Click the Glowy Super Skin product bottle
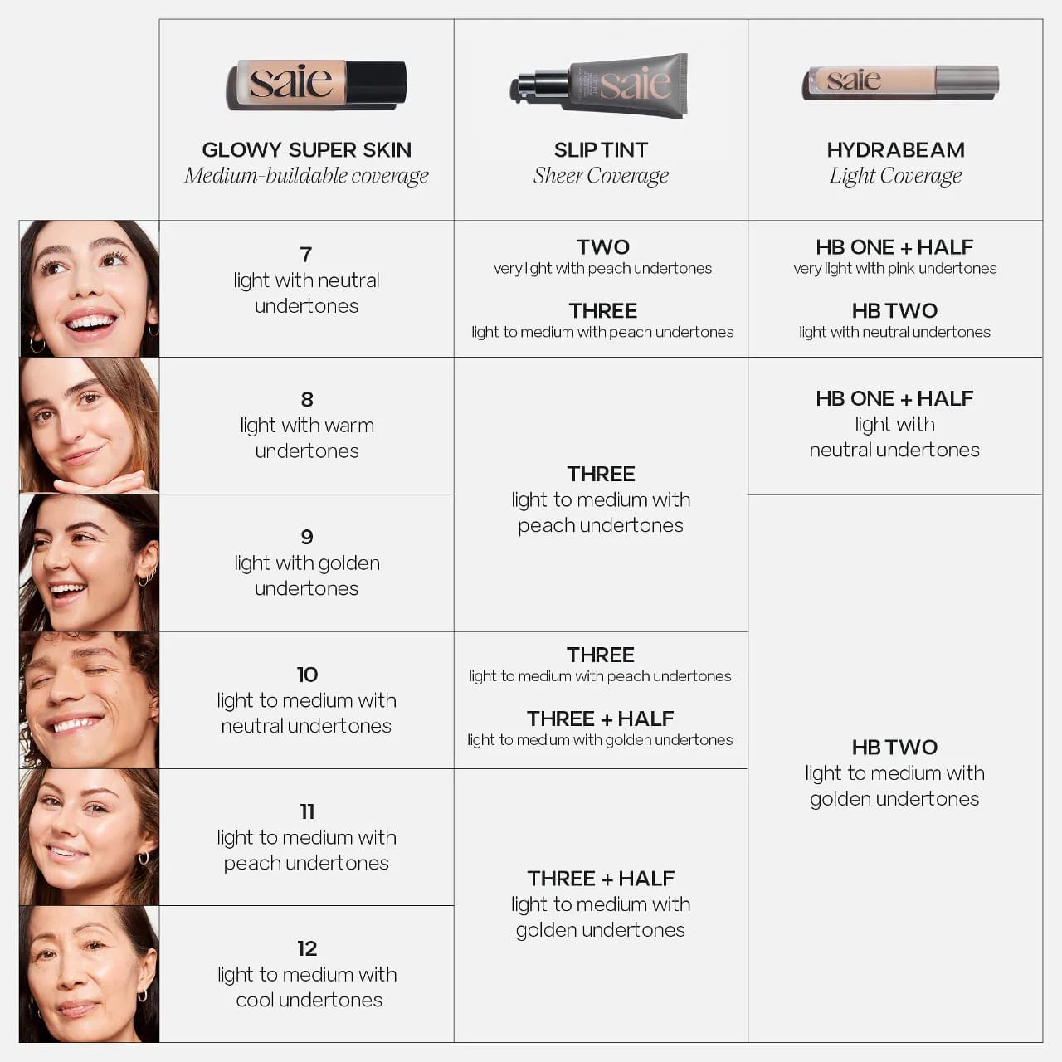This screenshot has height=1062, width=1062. coord(316,85)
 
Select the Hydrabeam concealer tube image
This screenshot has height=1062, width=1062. coord(900,82)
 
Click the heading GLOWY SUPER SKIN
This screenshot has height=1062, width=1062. coord(306,150)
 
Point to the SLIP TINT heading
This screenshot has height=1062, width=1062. coord(601,150)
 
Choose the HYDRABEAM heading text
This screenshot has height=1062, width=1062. coord(895,150)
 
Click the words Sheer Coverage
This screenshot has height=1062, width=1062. coord(601,176)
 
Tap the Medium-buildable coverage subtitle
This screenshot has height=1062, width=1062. coord(306,176)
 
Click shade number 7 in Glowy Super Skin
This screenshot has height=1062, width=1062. coord(306,255)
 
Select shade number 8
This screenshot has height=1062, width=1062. coord(307,400)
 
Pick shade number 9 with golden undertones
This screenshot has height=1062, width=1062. coord(307,538)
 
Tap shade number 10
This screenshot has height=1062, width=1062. coord(307,675)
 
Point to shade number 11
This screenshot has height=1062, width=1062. coord(307,811)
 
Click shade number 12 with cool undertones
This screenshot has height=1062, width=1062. coord(307,948)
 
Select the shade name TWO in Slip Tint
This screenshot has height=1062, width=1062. coord(603,247)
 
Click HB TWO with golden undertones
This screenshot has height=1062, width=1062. coord(894,748)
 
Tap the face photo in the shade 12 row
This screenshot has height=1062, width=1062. coord(89,974)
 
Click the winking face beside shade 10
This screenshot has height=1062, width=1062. coord(89,700)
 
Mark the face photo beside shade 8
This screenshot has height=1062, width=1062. coord(89,426)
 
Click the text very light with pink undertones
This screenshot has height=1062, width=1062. coord(894,269)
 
